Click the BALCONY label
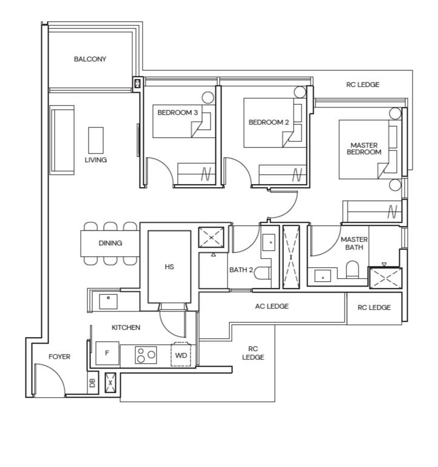coord(90,59)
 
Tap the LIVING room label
coord(95,160)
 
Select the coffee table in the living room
coord(96,140)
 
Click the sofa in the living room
coord(62,140)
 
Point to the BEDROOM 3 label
coord(177,112)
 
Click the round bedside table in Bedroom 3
coord(207,97)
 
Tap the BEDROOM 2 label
coord(268,122)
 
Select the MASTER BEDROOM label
coord(364,149)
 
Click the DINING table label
coord(110,243)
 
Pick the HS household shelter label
coord(169,267)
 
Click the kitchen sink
coord(108,301)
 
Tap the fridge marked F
coord(107,353)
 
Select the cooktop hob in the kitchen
coord(146,355)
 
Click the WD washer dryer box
coord(181,355)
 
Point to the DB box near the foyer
coord(93,383)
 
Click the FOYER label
coord(59,356)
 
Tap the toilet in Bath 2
coord(262,273)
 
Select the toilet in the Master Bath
coord(352,269)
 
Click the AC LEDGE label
coord(272,306)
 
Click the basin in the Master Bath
coord(323,276)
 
